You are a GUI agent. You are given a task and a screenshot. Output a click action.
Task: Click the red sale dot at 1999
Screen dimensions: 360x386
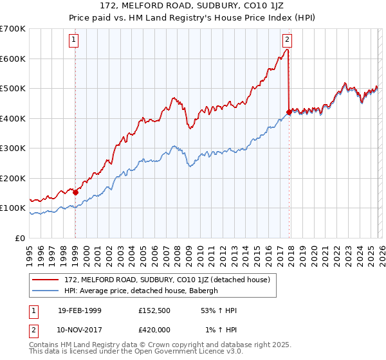[x=75, y=192]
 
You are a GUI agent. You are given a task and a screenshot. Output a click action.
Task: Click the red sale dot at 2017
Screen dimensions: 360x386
[x=288, y=112]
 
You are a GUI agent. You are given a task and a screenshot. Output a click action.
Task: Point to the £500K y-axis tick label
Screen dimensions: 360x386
[x=13, y=89]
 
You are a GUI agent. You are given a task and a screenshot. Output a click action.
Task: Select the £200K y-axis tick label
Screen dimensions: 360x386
[x=13, y=179]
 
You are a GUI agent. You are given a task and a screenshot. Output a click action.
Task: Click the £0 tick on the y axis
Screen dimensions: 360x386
[x=21, y=239]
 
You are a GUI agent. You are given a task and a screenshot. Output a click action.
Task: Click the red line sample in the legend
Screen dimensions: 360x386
[x=46, y=280]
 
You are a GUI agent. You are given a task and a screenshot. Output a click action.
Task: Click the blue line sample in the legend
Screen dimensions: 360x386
[x=46, y=291]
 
